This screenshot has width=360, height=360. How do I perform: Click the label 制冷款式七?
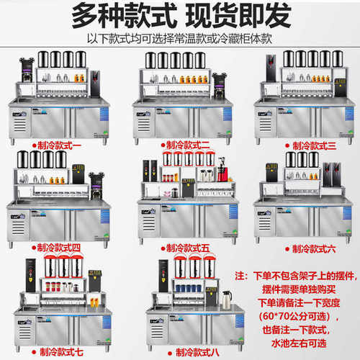(x=66, y=352)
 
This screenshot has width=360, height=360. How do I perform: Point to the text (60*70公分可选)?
(x=303, y=317)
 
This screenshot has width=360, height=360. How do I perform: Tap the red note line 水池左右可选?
(x=301, y=344)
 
